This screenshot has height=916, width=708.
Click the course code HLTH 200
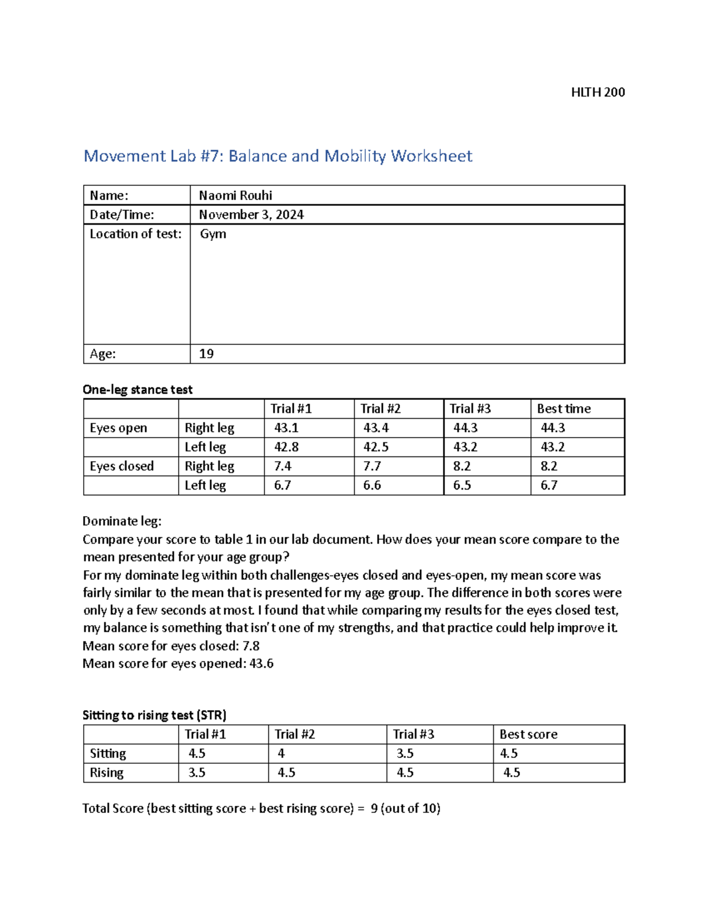[x=598, y=92]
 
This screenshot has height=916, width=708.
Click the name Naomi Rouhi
[x=235, y=195]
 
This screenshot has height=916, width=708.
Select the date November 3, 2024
[x=251, y=215]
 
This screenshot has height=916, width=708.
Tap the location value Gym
[x=212, y=234]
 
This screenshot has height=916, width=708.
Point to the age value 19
[x=206, y=354]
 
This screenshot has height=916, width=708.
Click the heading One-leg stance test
[x=137, y=389]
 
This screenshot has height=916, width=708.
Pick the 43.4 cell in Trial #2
[x=376, y=428]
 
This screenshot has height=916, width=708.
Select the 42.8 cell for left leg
[x=286, y=447]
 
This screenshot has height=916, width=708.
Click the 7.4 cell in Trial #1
[x=283, y=466]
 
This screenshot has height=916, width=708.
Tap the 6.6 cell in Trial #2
[x=372, y=485]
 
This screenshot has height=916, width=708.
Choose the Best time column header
[x=563, y=409]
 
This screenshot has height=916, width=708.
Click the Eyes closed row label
[x=122, y=466]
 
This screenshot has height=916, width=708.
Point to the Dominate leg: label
[x=122, y=521]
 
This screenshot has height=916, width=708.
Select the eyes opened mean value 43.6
[x=261, y=664]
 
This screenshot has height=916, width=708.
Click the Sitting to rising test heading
[x=155, y=715]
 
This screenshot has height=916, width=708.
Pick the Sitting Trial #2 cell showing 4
[x=281, y=753]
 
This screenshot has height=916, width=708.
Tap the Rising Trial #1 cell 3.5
[x=196, y=773]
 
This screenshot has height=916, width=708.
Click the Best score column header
[x=528, y=734]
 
